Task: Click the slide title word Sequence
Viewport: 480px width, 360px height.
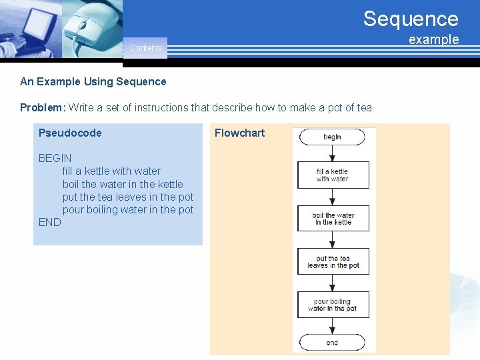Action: pos(411,19)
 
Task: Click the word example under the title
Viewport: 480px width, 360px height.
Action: pos(433,39)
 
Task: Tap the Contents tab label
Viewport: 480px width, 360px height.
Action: pos(146,48)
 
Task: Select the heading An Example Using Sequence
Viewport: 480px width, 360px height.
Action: pos(93,82)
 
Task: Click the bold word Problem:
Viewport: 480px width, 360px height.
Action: pos(43,107)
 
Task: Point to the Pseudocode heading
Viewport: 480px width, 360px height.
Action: pos(70,133)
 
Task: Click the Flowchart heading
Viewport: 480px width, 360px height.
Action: pos(239,133)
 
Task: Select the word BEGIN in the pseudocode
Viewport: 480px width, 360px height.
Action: pos(55,158)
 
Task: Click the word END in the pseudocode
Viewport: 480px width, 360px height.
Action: pos(49,222)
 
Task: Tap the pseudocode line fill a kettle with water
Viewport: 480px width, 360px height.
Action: pos(111,171)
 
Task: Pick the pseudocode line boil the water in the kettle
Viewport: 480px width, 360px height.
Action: pos(123,184)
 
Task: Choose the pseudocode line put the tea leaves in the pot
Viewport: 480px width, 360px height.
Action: pos(128,197)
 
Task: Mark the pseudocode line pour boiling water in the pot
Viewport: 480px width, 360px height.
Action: pos(128,209)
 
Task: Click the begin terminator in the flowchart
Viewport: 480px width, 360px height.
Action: pos(332,137)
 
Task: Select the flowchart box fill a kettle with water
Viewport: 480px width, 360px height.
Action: pos(333,175)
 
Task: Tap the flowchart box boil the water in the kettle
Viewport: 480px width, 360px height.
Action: pos(333,219)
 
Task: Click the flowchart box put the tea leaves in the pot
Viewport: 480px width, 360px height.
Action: pos(333,261)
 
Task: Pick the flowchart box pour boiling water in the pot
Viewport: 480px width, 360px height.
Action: pos(333,305)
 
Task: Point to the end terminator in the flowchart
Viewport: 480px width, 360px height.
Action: pos(332,343)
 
